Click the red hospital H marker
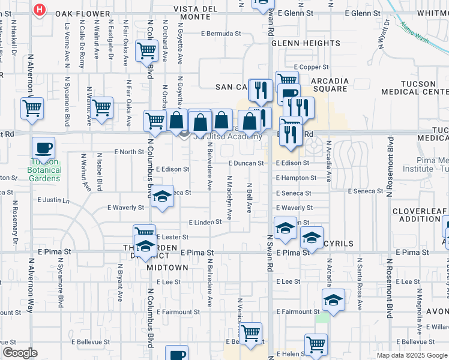[x=40, y=10]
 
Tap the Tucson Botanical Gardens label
[x=44, y=170]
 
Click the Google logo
[x=20, y=353]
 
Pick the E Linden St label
[x=205, y=223]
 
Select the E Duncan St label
[x=246, y=163]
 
